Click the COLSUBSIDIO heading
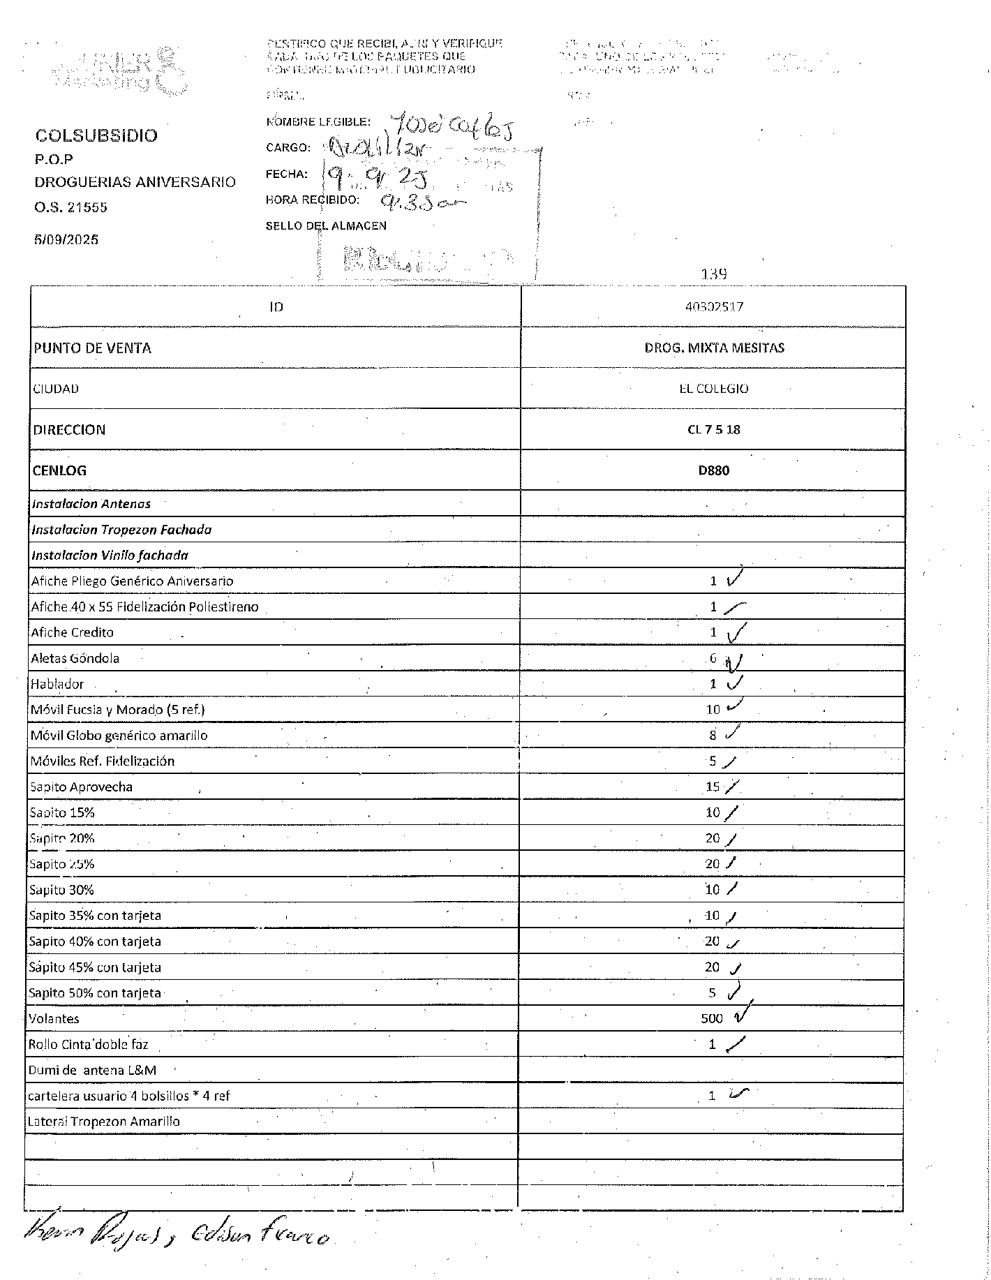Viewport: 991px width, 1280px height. pos(96,135)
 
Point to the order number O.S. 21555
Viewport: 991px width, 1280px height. pos(71,207)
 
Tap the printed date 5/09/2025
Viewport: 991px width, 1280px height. pos(66,239)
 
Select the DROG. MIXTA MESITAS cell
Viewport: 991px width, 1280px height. pos(714,348)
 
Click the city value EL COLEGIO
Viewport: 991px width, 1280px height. pos(713,389)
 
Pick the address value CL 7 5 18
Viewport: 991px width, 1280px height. pos(713,429)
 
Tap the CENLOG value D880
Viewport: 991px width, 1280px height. pos(713,470)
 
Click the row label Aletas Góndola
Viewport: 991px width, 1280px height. pos(75,658)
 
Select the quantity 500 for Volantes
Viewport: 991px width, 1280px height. pos(712,1018)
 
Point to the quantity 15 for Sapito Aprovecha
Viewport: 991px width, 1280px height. pos(712,787)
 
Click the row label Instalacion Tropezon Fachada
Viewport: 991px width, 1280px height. pos(121,530)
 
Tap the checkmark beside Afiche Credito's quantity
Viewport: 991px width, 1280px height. pos(736,633)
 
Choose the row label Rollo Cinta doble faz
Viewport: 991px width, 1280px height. pos(88,1045)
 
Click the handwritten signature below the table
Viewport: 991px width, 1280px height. pos(174,1237)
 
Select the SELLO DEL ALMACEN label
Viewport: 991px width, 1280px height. pos(326,225)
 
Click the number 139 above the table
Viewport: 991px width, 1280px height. pos(713,274)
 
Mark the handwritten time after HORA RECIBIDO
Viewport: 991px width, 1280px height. pos(422,202)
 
